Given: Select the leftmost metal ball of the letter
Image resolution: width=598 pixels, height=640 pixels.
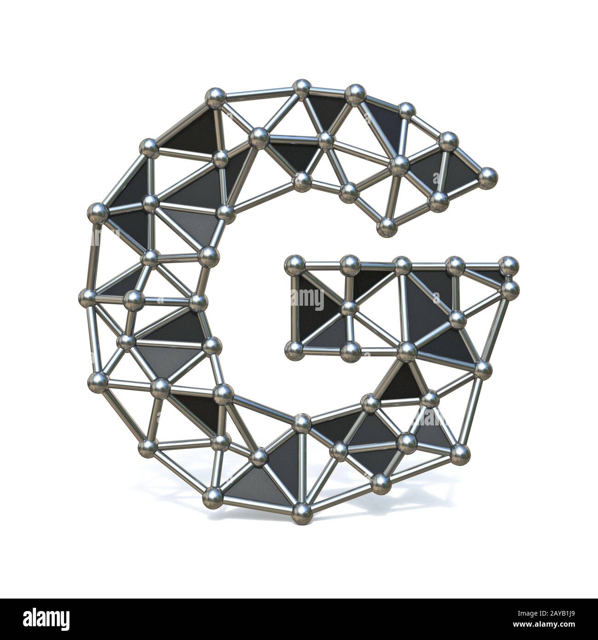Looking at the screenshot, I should (x=87, y=295).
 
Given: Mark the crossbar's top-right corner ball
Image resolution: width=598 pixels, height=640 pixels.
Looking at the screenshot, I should (x=508, y=265).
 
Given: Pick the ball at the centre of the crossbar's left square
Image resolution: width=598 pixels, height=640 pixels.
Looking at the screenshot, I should (x=350, y=308).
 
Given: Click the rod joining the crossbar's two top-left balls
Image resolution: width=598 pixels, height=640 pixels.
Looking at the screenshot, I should (x=322, y=264).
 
